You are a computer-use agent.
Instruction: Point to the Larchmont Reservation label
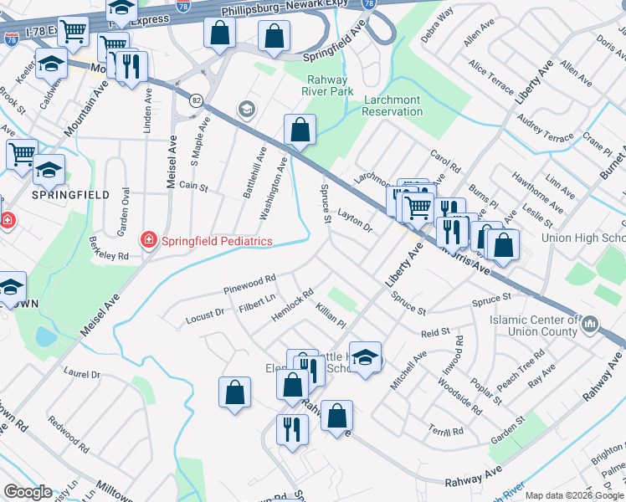tap(393, 105)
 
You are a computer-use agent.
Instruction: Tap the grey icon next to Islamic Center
tap(590, 323)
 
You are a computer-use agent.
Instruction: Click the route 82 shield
tap(195, 100)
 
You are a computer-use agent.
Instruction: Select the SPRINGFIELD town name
tap(59, 194)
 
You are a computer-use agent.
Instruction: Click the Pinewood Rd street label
tap(249, 284)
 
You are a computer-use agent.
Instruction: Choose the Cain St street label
tap(192, 187)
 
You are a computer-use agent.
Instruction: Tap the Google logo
tap(28, 492)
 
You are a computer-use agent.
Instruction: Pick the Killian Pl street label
tap(331, 316)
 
